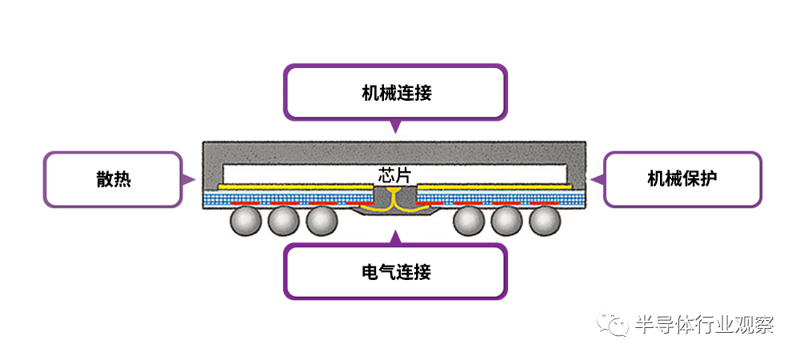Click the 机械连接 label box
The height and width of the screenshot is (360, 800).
[396, 92]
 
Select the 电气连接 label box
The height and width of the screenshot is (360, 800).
[396, 272]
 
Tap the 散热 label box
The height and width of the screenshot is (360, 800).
[113, 179]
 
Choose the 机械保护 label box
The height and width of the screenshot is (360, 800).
[682, 178]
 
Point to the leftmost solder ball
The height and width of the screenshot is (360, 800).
[245, 220]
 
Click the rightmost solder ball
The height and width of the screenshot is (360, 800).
[545, 220]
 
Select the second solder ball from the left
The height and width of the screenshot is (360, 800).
[283, 220]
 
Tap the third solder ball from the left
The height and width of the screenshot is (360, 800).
[321, 220]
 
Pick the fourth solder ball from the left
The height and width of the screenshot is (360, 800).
[469, 220]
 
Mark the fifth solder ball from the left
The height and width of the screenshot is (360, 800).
[507, 220]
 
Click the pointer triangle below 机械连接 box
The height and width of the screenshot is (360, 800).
[395, 126]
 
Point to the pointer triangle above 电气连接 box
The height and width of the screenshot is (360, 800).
[395, 237]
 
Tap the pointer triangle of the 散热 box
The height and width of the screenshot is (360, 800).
[190, 178]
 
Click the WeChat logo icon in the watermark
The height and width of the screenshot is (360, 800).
[616, 324]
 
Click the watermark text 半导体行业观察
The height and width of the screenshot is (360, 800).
[704, 325]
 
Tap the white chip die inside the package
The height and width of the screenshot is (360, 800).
[304, 173]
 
